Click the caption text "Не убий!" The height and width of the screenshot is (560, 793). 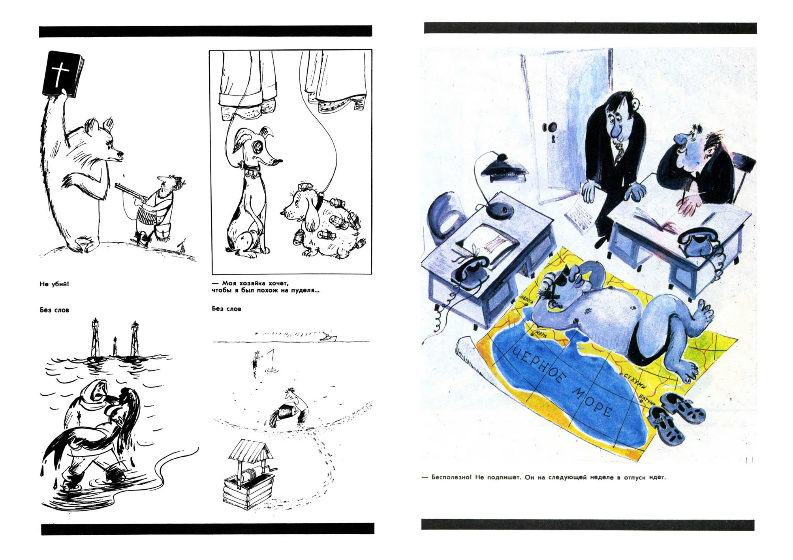click(x=54, y=284)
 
